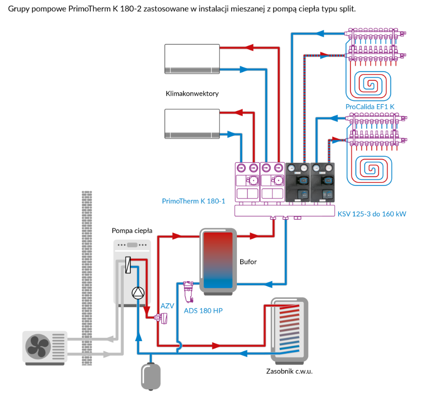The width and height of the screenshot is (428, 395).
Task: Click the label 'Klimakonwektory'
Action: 192,93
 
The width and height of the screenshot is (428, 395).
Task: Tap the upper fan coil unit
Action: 192,59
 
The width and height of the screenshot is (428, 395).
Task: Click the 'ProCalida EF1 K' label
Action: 369,106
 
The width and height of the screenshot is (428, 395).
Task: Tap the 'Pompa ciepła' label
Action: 132,231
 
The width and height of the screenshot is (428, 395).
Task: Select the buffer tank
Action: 218,261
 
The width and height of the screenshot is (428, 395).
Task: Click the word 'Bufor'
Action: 248,262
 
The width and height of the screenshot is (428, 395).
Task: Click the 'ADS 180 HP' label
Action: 203,310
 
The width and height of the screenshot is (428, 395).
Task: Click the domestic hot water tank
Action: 289,330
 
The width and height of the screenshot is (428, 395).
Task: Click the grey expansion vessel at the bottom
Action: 151,376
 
